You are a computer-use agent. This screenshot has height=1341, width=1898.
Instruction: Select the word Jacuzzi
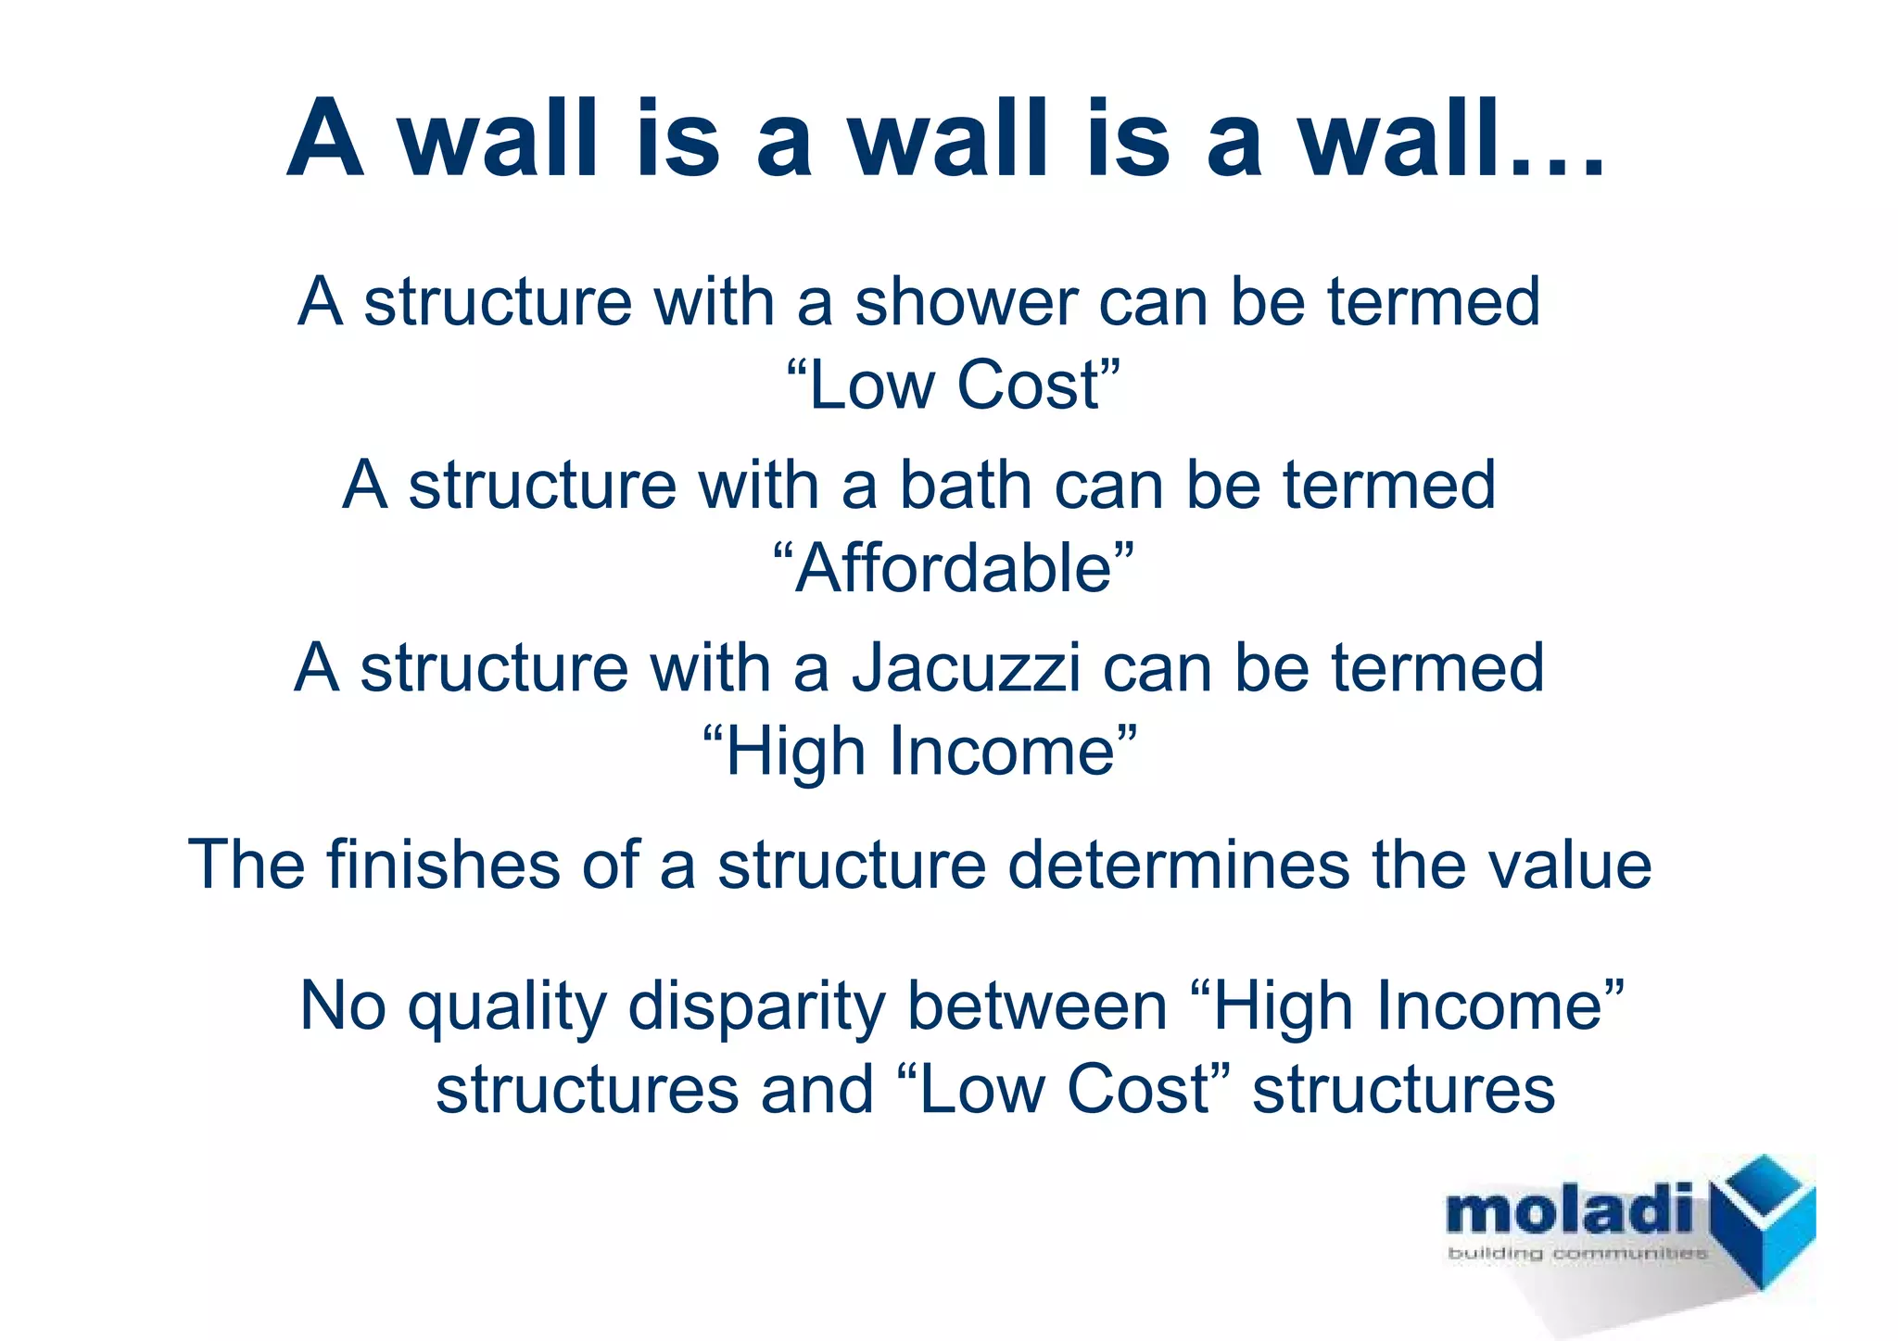(x=966, y=668)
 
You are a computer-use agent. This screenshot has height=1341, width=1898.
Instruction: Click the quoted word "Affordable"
(x=953, y=568)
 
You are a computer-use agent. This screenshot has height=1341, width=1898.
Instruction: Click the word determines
(x=1178, y=865)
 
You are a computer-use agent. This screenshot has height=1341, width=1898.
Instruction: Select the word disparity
(x=755, y=1006)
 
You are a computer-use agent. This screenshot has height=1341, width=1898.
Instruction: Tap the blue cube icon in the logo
(x=1761, y=1219)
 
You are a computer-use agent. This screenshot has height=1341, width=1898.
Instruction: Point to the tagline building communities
(x=1576, y=1254)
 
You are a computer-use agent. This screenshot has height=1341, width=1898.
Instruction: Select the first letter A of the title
(x=323, y=139)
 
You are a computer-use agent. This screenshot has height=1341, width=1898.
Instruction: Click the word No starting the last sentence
(x=342, y=1006)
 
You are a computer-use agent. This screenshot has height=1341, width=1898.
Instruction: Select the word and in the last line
(x=817, y=1090)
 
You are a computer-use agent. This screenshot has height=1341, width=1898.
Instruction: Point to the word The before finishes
(x=246, y=865)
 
